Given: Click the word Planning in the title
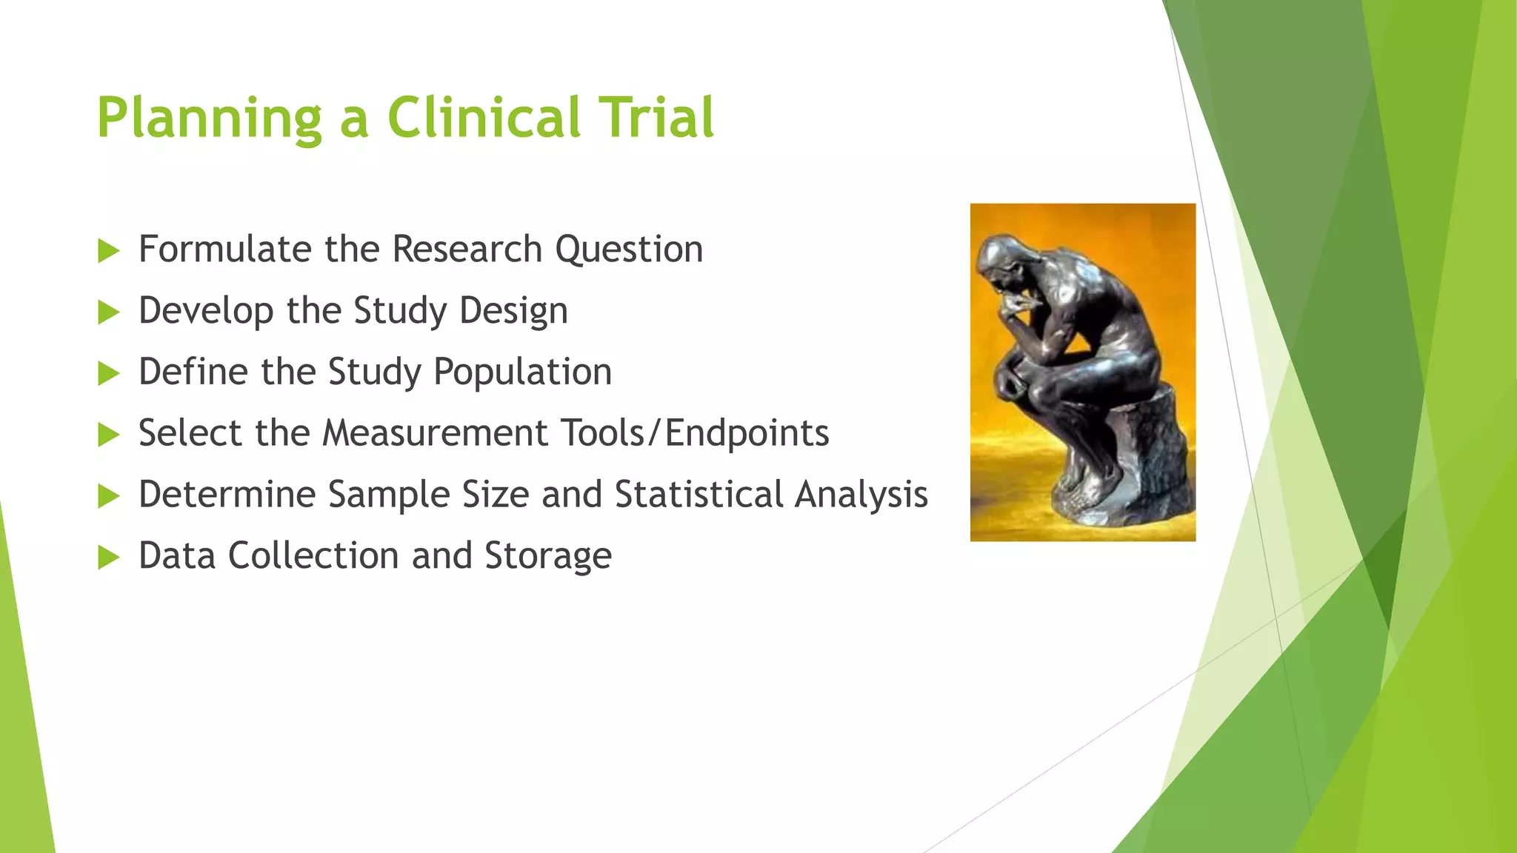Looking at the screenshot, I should pyautogui.click(x=210, y=118).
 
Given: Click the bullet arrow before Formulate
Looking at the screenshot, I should pyautogui.click(x=108, y=251).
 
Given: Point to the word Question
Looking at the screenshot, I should pyautogui.click(x=629, y=250).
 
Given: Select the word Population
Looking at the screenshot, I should pyautogui.click(x=522, y=372).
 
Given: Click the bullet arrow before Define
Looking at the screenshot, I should pyautogui.click(x=108, y=374).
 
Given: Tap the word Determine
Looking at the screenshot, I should pyautogui.click(x=227, y=495).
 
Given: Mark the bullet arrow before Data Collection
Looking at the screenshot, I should pyautogui.click(x=108, y=558).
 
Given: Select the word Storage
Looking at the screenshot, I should pyautogui.click(x=548, y=556).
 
